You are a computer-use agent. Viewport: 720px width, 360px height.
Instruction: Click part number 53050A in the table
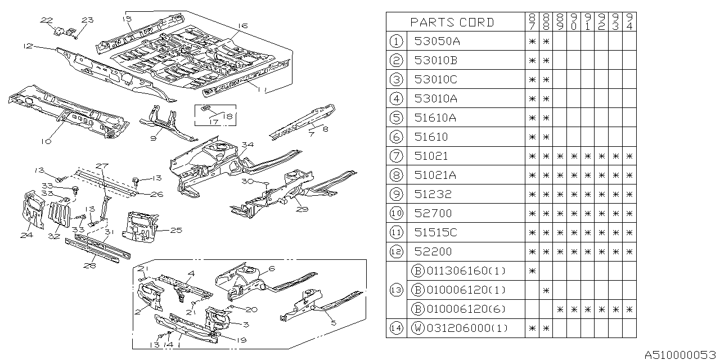click(x=436, y=41)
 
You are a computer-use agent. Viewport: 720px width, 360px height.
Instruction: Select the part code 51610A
click(x=436, y=118)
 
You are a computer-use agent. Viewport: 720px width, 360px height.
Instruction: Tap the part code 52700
click(x=433, y=213)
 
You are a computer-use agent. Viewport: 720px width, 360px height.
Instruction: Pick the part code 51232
click(x=433, y=194)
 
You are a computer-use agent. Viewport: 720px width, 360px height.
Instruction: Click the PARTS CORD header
click(x=452, y=22)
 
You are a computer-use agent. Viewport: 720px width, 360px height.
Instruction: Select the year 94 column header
click(x=629, y=22)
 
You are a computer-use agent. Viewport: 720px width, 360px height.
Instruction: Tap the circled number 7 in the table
click(x=397, y=156)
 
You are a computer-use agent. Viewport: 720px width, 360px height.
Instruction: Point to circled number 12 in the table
click(x=397, y=251)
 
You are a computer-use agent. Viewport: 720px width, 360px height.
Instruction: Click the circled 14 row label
click(x=397, y=328)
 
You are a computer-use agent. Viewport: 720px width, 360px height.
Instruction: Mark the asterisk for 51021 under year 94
click(x=629, y=156)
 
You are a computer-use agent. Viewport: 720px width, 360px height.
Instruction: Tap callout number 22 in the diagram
click(x=46, y=20)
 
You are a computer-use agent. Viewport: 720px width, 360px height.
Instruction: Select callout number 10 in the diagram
click(x=46, y=142)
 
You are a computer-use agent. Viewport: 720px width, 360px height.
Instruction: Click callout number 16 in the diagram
click(x=242, y=26)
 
